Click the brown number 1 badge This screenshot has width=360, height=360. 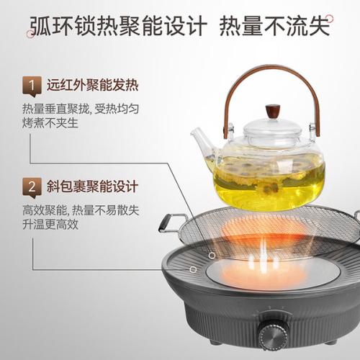pyautogui.click(x=32, y=86)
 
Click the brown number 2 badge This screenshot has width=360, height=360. pyautogui.click(x=32, y=187)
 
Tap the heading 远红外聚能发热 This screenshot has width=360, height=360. pyautogui.click(x=92, y=85)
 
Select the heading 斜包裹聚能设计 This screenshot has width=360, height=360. pyautogui.click(x=92, y=186)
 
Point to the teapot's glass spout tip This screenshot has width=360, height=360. pyautogui.click(x=192, y=132)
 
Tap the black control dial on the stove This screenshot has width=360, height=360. pyautogui.click(x=273, y=334)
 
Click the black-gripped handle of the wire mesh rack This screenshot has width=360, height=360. pyautogui.click(x=167, y=222)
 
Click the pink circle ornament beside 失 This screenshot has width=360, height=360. pyautogui.click(x=330, y=19)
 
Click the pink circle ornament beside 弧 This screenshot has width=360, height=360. pyautogui.click(x=31, y=33)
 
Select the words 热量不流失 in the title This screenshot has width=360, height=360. pyautogui.click(x=274, y=26)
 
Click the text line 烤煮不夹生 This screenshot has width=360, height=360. pyautogui.click(x=50, y=123)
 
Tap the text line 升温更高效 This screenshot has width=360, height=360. pyautogui.click(x=50, y=225)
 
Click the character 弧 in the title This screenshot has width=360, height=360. pyautogui.click(x=41, y=26)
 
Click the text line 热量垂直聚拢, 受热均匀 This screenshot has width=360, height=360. pyautogui.click(x=81, y=109)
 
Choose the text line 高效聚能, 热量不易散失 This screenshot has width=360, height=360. pyautogui.click(x=81, y=210)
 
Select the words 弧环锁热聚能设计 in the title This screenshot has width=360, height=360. pyautogui.click(x=118, y=26)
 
